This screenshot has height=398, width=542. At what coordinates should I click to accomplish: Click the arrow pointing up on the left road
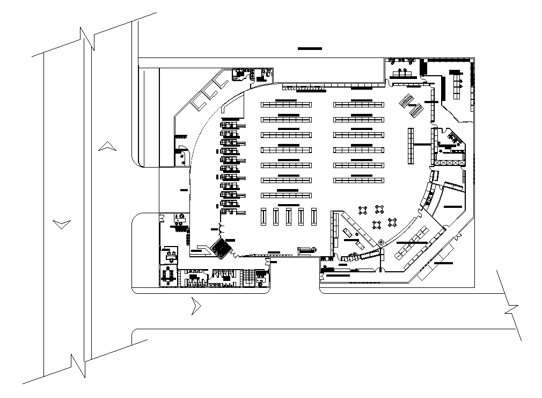[107, 146]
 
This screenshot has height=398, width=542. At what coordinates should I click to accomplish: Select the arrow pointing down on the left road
[62, 223]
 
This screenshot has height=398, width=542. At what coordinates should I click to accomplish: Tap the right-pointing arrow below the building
[196, 307]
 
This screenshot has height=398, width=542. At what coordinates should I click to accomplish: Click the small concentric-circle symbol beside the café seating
[381, 243]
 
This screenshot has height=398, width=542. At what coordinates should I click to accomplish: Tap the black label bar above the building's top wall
[310, 49]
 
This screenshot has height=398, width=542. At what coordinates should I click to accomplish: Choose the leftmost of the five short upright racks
[263, 216]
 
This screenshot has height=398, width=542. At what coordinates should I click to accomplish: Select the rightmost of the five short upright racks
[314, 216]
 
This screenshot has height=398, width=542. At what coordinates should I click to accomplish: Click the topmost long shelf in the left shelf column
[286, 104]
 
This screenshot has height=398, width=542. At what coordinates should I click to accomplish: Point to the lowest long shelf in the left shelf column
[286, 195]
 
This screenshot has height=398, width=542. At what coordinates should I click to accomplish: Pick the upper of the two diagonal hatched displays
[406, 100]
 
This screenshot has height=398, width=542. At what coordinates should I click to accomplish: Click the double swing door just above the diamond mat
[220, 230]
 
